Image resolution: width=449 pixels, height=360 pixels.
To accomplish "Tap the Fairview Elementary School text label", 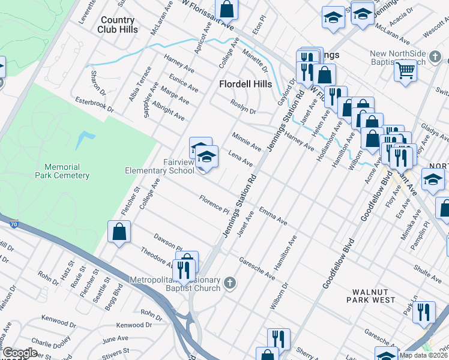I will pyautogui.click(x=159, y=166).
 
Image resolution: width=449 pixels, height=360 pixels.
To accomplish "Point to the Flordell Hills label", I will pyautogui.click(x=245, y=84).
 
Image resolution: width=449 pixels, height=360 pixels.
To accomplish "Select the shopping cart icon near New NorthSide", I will pyautogui.click(x=406, y=71).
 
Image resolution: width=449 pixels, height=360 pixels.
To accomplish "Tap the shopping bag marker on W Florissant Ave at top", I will pyautogui.click(x=227, y=9).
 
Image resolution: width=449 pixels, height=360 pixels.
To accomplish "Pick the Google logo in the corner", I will pyautogui.click(x=19, y=353).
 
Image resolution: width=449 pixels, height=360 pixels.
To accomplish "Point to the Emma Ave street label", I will pyautogui.click(x=273, y=216).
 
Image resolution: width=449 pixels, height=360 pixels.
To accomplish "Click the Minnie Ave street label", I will pyautogui.click(x=247, y=142).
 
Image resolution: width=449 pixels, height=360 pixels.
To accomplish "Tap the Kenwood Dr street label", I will pyautogui.click(x=131, y=325).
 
